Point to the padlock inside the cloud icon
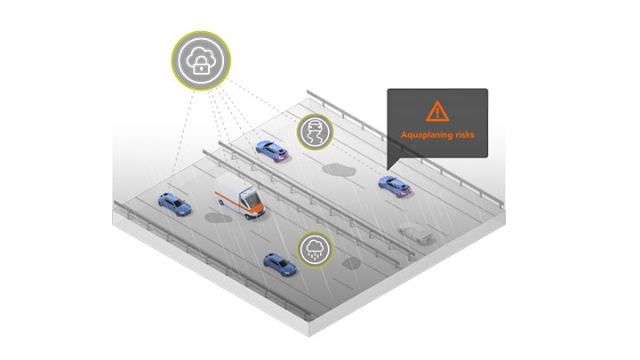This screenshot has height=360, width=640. click(200, 64)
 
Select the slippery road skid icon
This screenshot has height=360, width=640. click(314, 132)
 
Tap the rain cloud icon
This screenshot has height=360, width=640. click(314, 249)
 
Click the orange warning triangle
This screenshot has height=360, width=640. click(436, 111)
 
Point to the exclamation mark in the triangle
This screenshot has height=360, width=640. click(436, 113)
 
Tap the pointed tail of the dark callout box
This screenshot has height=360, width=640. click(392, 164)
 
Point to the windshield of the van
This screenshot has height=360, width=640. click(252, 196)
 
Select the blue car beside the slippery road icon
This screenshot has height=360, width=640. click(270, 148)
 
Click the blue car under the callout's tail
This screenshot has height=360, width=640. click(392, 186)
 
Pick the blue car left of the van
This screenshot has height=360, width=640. click(173, 204)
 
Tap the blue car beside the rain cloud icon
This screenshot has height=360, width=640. click(278, 263)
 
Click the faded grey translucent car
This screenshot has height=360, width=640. click(417, 233)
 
